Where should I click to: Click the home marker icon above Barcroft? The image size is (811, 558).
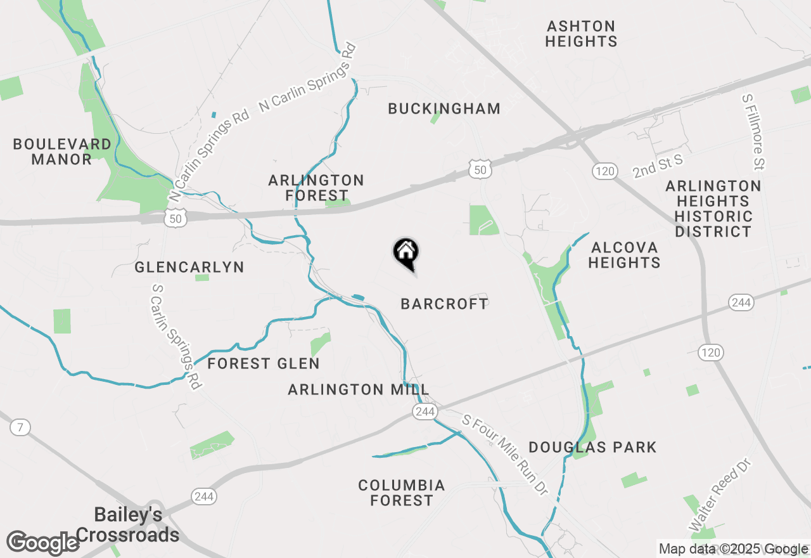click(x=406, y=252)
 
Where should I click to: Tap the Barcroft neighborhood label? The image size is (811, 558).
click(x=445, y=304)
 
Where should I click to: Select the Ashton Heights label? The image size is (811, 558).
click(x=581, y=34)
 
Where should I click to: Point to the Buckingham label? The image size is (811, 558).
click(x=444, y=108)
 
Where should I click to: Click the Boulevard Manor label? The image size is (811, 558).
click(x=62, y=152)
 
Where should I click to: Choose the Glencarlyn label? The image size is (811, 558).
click(x=189, y=267)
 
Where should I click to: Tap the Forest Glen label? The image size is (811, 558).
click(x=264, y=363)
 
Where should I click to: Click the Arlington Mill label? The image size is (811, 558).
click(x=359, y=389)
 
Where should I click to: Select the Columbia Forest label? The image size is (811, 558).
click(x=402, y=493)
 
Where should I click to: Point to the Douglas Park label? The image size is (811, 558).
click(x=592, y=447)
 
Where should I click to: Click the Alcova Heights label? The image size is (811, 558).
click(x=624, y=254)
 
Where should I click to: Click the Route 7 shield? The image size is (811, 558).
click(x=20, y=427)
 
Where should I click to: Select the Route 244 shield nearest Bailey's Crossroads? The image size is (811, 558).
click(x=204, y=496)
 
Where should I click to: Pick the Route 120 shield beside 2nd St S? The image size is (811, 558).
click(x=605, y=171)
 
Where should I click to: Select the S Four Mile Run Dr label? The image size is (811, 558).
click(x=504, y=455)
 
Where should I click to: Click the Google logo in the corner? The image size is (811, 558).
click(x=43, y=543)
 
